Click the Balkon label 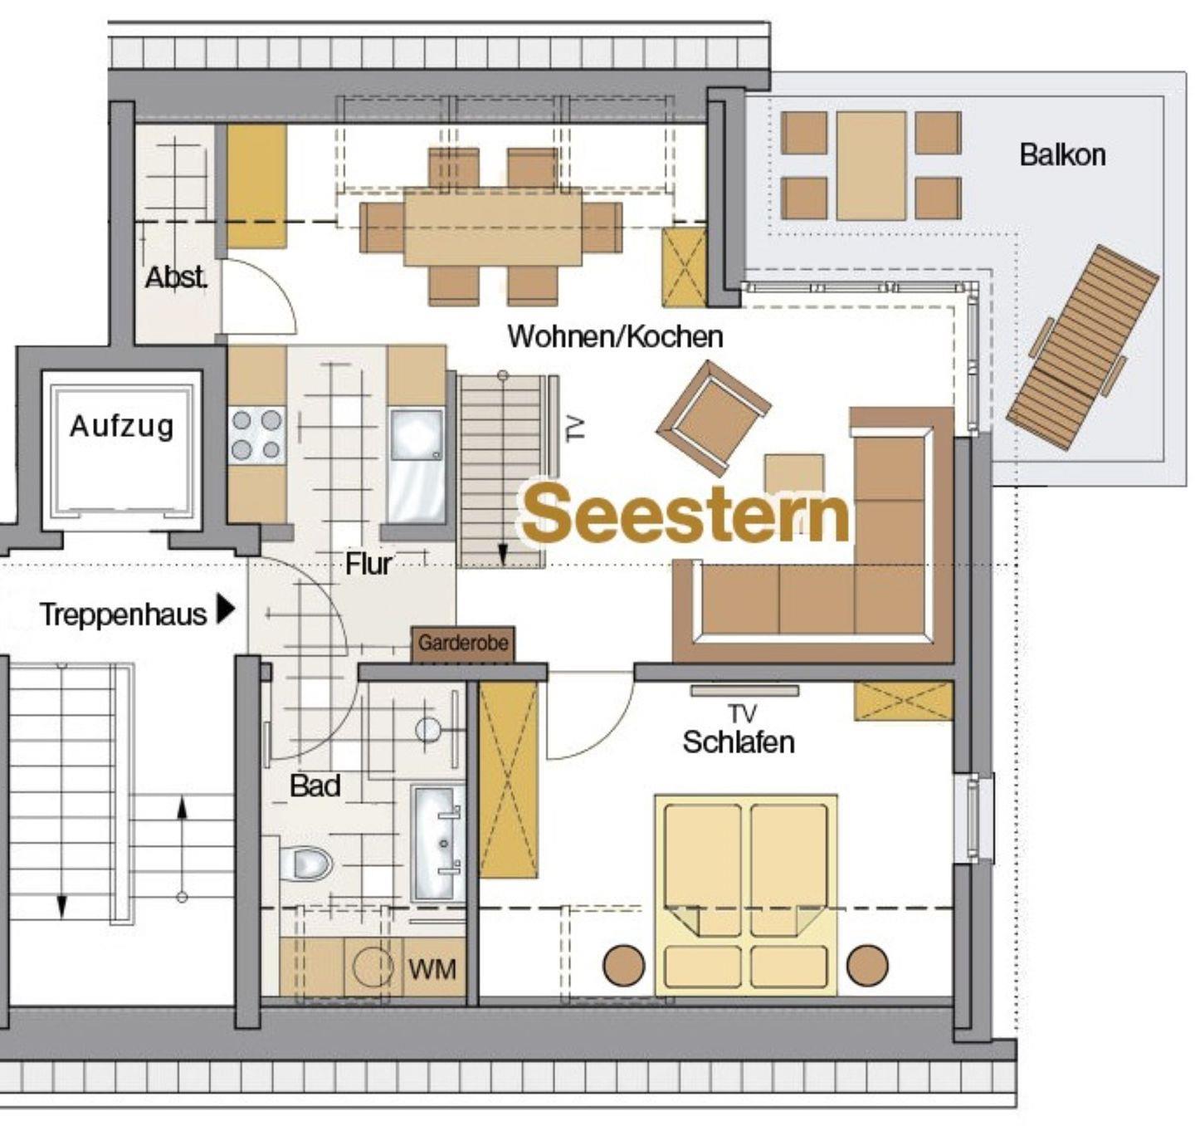point(1062,155)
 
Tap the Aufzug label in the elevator point(122,427)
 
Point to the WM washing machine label point(432,969)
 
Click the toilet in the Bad point(305,864)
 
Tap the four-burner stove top point(256,435)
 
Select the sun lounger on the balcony point(1083,347)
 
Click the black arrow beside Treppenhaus point(226,610)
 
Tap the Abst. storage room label point(176,278)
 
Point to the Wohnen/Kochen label point(615,336)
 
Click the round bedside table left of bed point(624,965)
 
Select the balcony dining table point(871,165)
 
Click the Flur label point(368,564)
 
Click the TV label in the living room point(575,428)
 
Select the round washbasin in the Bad point(428,730)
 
